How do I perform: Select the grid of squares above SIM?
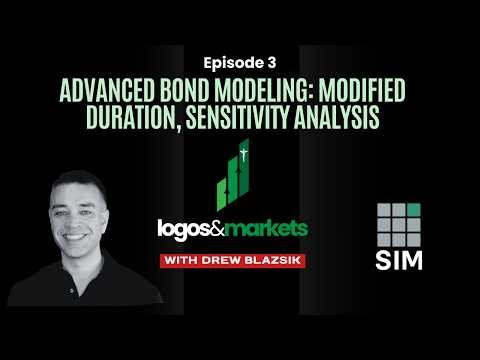[400, 222]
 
